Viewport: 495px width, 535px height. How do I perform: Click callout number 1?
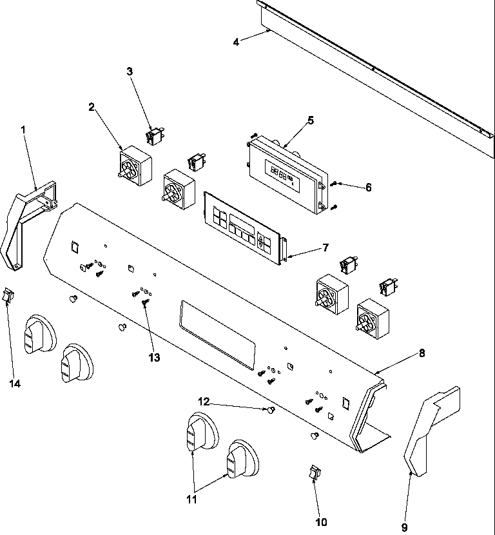(x=23, y=130)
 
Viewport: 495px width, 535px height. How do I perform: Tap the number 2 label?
(x=92, y=107)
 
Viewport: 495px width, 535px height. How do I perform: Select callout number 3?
(x=130, y=72)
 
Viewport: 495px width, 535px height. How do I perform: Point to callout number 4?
(x=236, y=42)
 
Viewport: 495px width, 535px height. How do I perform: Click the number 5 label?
(x=310, y=119)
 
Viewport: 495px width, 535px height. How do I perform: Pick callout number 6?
(x=368, y=188)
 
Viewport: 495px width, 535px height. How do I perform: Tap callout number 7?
(x=325, y=248)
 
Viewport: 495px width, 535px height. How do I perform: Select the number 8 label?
(x=422, y=353)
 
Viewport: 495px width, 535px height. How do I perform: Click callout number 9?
(x=404, y=527)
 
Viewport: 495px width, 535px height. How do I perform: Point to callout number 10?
(x=321, y=521)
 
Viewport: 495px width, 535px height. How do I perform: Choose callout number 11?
(x=191, y=498)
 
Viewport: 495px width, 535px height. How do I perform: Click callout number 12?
(x=204, y=402)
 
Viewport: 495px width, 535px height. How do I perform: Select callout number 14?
(x=15, y=384)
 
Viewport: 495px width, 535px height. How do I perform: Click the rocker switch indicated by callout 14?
(x=8, y=296)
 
